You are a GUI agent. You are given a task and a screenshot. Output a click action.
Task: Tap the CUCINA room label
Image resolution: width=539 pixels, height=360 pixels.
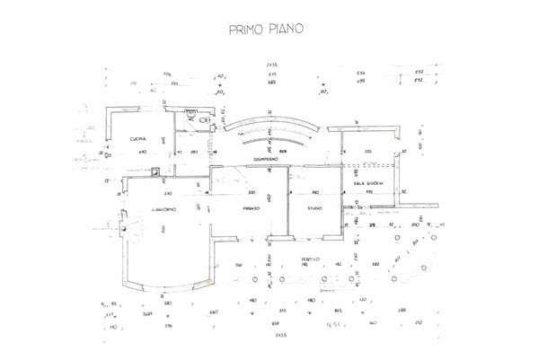tap(137, 138)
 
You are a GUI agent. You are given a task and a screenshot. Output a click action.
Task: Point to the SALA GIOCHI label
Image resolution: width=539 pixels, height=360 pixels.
tap(368, 183)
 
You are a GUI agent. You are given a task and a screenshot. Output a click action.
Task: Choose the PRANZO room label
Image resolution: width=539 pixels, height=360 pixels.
tap(251, 208)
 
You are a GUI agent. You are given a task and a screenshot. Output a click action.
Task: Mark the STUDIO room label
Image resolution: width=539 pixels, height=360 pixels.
tap(314, 208)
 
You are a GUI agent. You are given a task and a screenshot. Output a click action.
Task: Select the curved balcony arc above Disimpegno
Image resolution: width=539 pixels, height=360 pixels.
tap(269, 123)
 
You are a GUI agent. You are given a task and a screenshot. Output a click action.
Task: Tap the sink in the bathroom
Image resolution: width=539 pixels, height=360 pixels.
tap(190, 113)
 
